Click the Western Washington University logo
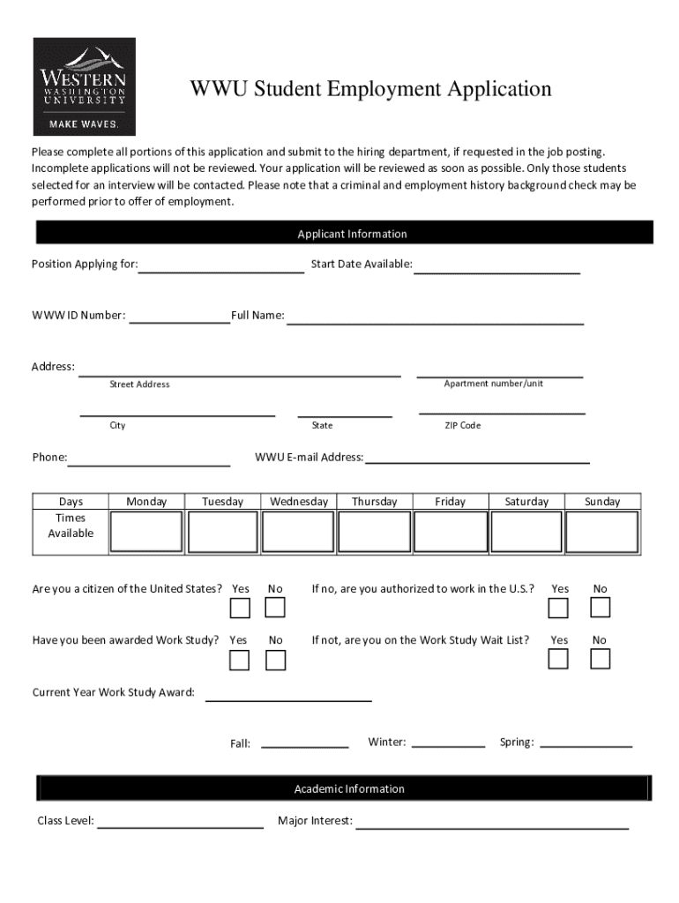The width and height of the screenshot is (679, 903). point(84,86)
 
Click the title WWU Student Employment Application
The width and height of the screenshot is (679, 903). point(370,89)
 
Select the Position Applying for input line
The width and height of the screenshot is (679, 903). point(221,268)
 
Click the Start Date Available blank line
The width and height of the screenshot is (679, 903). point(497,268)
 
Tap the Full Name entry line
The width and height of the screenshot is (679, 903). point(435,319)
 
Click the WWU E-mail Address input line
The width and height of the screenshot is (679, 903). point(477,459)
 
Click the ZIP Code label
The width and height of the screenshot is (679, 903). point(462,425)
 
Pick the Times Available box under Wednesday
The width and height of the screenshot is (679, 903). point(298,532)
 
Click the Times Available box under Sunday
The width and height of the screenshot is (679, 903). point(601,532)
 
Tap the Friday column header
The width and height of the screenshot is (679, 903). point(450,502)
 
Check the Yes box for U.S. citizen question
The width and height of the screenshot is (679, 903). point(240,608)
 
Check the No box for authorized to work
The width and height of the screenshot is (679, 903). point(601,608)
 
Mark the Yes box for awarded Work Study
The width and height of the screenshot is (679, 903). point(240,660)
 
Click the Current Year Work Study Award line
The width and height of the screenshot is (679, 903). point(288,697)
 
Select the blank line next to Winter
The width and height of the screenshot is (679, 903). point(448,743)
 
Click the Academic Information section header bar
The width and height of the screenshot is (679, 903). point(344,788)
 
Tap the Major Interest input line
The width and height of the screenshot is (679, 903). point(491,825)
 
